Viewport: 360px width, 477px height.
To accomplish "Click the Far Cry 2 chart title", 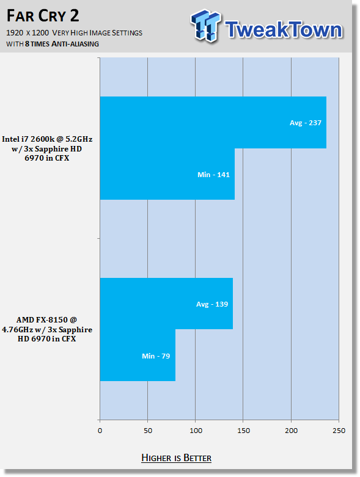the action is click(x=43, y=16).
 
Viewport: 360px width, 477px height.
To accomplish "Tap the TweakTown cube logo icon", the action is click(x=205, y=26).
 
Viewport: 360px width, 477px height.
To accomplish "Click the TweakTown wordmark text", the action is click(x=284, y=29).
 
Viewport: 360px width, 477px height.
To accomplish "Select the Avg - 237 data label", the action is click(x=305, y=123).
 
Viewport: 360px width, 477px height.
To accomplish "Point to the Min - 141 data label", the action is click(x=213, y=175).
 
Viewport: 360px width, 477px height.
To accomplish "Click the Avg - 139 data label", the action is click(x=212, y=304).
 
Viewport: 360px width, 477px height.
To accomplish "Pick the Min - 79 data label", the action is click(x=156, y=356).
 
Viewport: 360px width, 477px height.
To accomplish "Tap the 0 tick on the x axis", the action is click(x=100, y=431).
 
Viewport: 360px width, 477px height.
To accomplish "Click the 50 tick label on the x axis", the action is click(x=147, y=431).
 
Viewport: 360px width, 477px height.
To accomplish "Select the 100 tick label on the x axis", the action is click(x=196, y=431).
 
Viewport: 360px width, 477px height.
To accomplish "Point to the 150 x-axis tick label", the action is click(x=243, y=431).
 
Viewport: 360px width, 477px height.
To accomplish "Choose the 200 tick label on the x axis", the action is click(x=291, y=431).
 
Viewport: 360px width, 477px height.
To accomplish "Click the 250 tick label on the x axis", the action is click(x=339, y=431).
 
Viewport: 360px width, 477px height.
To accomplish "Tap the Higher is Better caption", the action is click(x=176, y=458).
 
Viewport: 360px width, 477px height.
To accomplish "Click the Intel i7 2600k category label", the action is click(x=47, y=148).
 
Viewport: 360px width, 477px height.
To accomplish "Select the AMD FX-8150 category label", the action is click(x=47, y=329).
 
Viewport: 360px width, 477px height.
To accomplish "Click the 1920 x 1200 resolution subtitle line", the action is click(x=74, y=32).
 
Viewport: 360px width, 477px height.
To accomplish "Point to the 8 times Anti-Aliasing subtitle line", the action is click(x=53, y=44).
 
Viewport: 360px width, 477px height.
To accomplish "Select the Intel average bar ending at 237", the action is click(x=213, y=123).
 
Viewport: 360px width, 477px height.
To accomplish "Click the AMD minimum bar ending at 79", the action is click(x=138, y=355).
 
